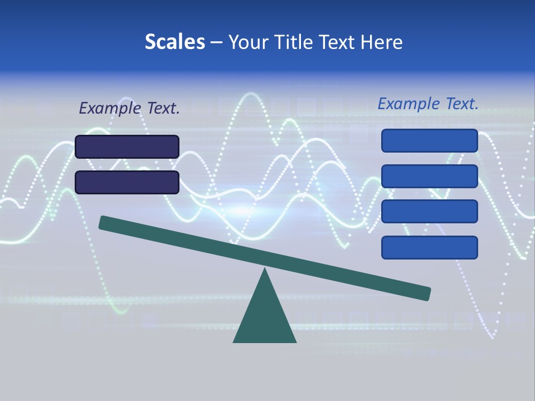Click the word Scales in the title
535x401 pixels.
pyautogui.click(x=174, y=42)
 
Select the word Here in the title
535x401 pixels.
pyautogui.click(x=381, y=42)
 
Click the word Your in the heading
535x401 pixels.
pyautogui.click(x=249, y=42)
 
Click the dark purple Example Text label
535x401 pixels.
pyautogui.click(x=129, y=108)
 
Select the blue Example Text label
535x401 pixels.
pyautogui.click(x=428, y=104)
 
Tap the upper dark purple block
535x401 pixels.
pyautogui.click(x=127, y=146)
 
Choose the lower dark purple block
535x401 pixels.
pyautogui.click(x=127, y=182)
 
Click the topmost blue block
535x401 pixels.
pyautogui.click(x=430, y=140)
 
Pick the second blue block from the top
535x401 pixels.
pyautogui.click(x=430, y=176)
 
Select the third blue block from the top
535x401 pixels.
pyautogui.click(x=430, y=212)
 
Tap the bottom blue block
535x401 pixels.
pyautogui.click(x=430, y=247)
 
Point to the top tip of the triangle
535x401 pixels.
pyautogui.click(x=265, y=270)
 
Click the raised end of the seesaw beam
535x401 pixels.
pyautogui.click(x=103, y=223)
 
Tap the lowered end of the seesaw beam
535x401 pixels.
pyautogui.click(x=426, y=293)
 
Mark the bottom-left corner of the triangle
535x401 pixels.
pyautogui.click(x=234, y=341)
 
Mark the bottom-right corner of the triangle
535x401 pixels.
pyautogui.click(x=295, y=341)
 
